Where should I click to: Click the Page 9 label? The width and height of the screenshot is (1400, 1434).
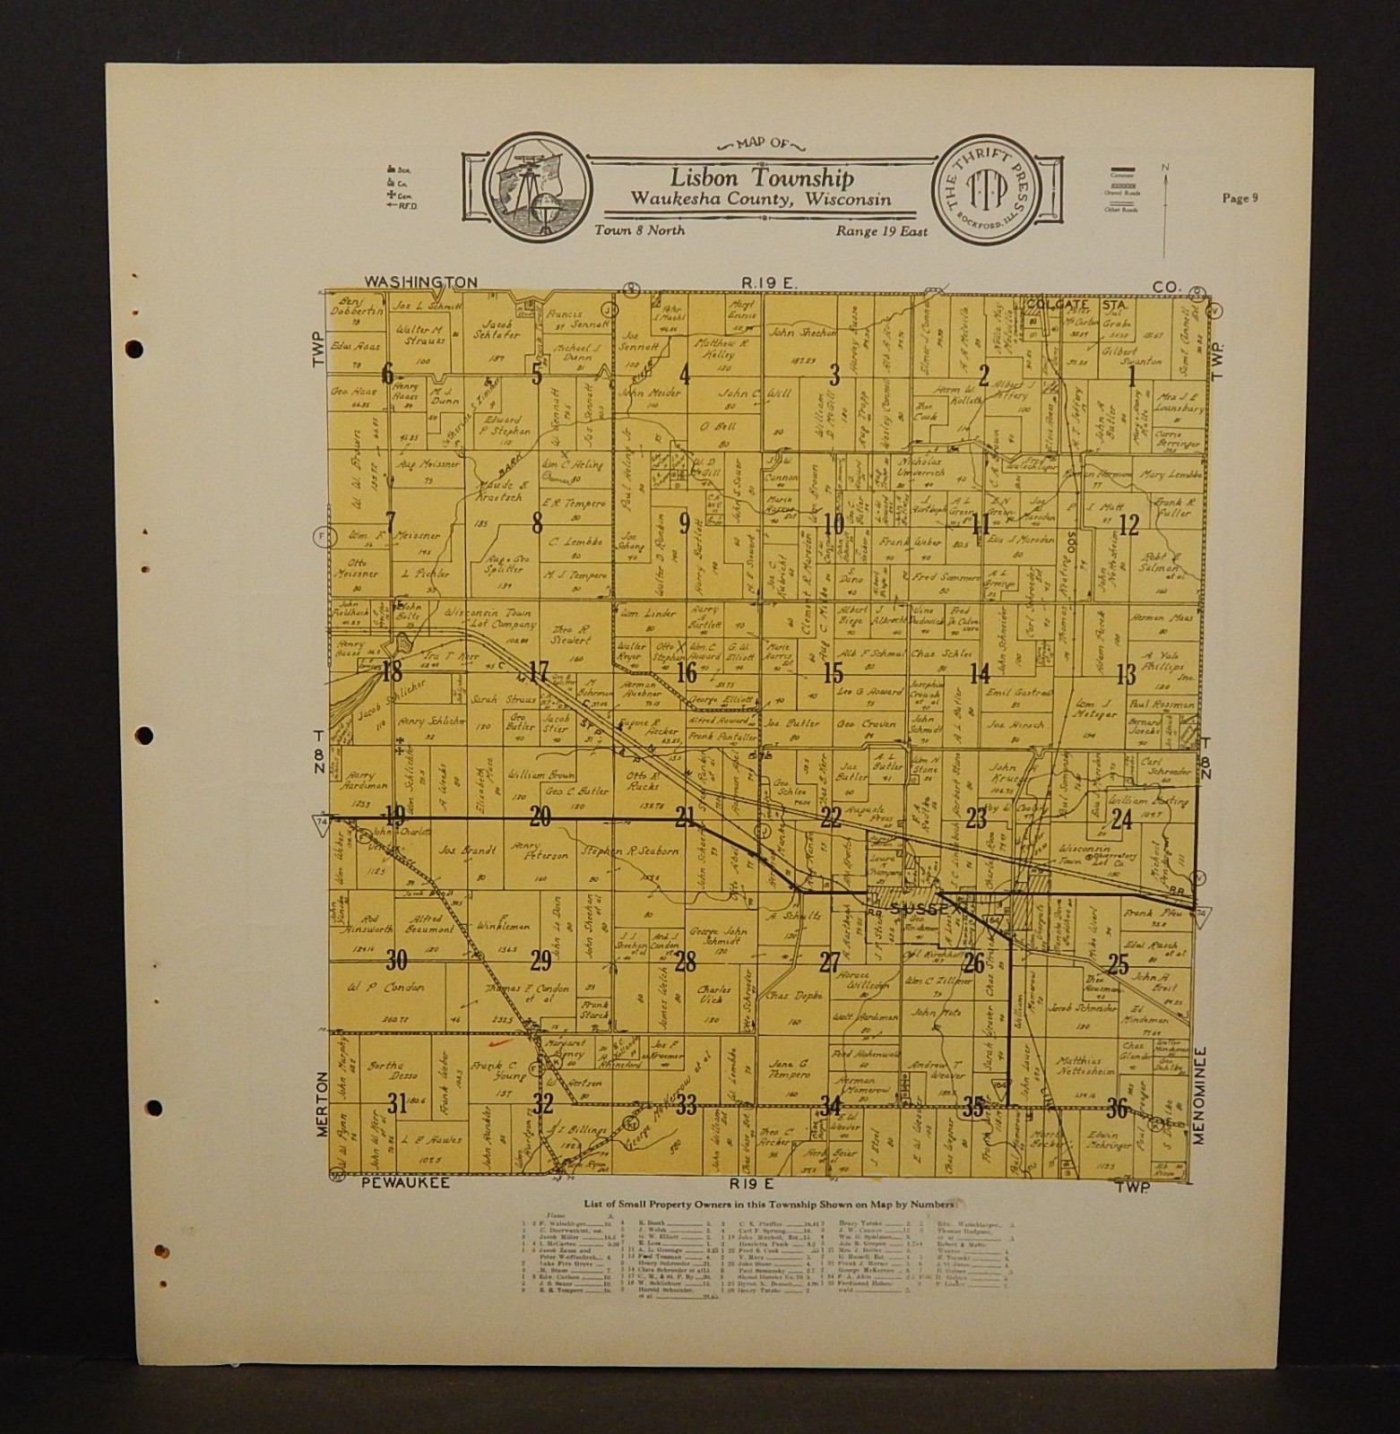pyautogui.click(x=1240, y=199)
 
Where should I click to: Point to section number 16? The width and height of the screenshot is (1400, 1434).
pyautogui.click(x=687, y=672)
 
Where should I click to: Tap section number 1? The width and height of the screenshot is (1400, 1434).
pyautogui.click(x=1132, y=376)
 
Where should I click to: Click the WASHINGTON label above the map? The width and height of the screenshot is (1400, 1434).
pyautogui.click(x=420, y=281)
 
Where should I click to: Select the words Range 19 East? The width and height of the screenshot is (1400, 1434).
pyautogui.click(x=882, y=230)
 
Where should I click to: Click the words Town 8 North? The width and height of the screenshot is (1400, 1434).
pyautogui.click(x=640, y=230)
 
